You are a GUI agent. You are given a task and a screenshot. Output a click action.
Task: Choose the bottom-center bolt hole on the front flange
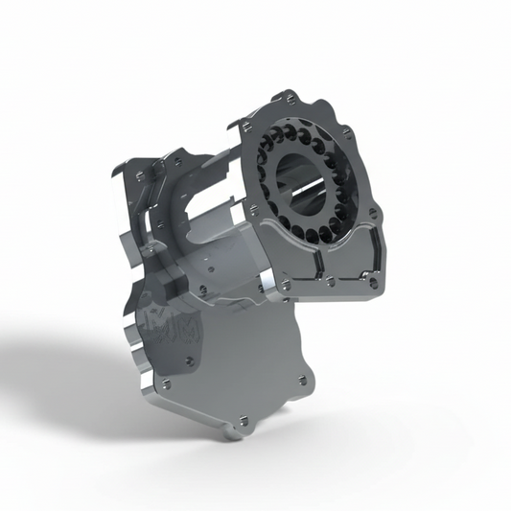tap(330, 281)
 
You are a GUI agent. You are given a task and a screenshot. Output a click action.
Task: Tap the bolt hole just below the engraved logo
tap(189, 360)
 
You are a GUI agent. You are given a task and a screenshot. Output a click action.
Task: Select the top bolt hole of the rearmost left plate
tap(140, 174)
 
